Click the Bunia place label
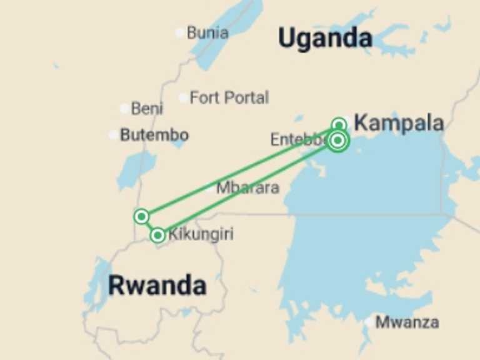[207, 32]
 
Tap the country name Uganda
[325, 39]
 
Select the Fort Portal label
[229, 97]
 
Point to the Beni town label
[147, 109]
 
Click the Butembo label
[154, 134]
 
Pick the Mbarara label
[247, 187]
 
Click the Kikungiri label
[201, 235]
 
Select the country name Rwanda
[157, 286]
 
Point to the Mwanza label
[407, 322]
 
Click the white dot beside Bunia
[180, 32]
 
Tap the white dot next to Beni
[124, 109]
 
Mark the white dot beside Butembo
[112, 134]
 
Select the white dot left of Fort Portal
[182, 97]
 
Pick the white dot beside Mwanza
[369, 322]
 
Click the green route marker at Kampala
[339, 124]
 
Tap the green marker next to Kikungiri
[157, 236]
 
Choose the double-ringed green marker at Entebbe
[337, 141]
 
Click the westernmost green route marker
[142, 216]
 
